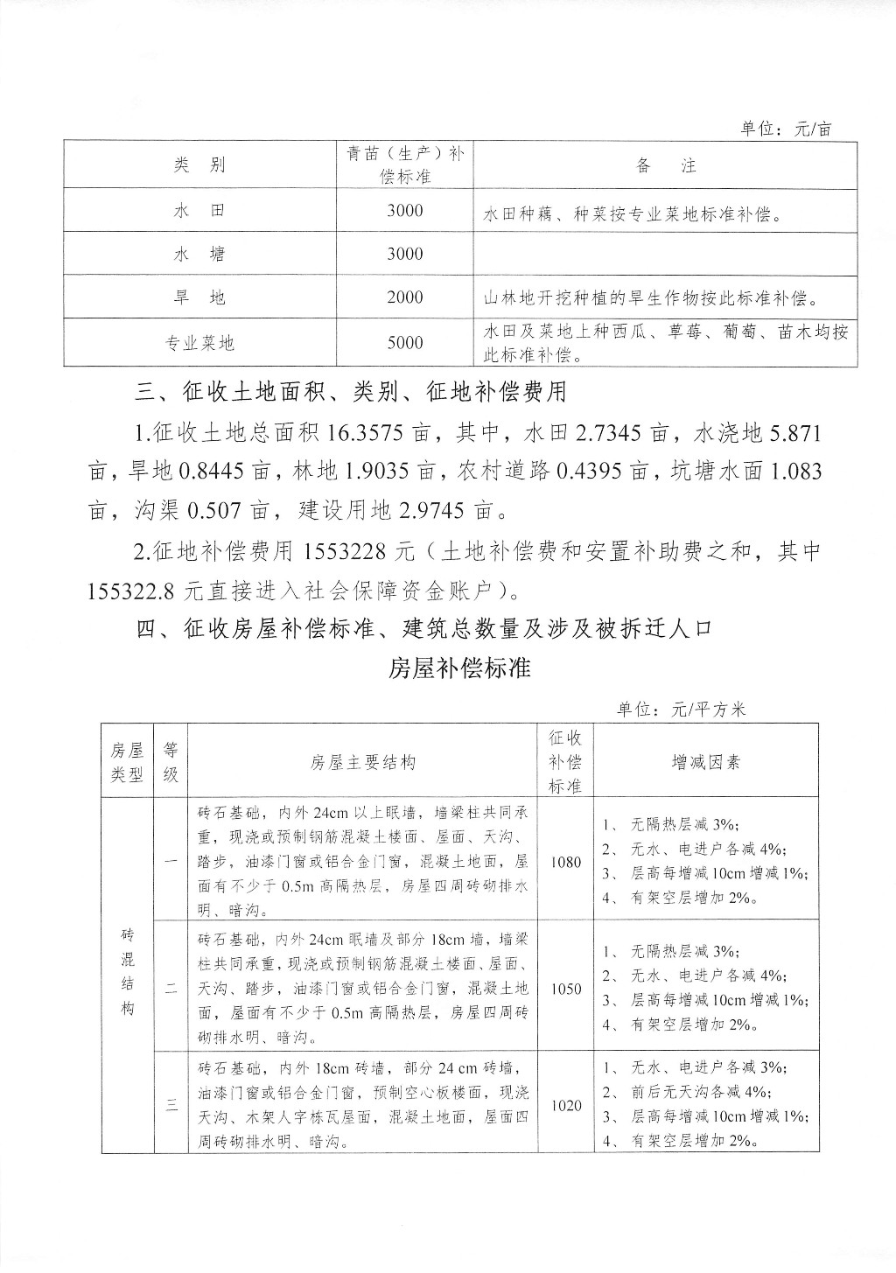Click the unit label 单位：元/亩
pos(786,129)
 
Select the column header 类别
pos(199,165)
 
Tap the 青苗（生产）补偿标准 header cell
pos(404,164)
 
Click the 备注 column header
pos(666,165)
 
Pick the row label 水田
pos(199,211)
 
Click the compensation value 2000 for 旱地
pos(404,297)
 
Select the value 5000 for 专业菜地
pos(404,342)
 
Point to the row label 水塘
pos(199,254)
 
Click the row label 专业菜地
pos(199,342)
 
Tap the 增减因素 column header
pos(705,761)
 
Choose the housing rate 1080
pos(566,861)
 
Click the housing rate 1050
pos(566,989)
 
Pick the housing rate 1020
pos(566,1105)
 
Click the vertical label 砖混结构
pos(127,971)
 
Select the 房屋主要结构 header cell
pos(362,761)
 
